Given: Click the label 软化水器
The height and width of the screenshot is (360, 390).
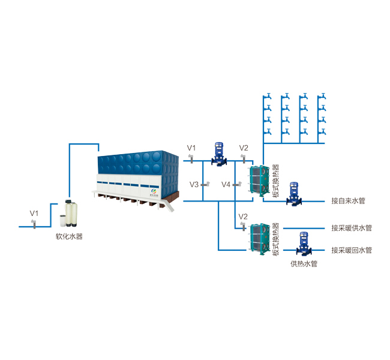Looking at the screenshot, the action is point(69,236).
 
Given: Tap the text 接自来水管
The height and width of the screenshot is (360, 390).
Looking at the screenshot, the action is point(348,201).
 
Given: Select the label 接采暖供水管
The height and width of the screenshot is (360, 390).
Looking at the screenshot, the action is point(352,228).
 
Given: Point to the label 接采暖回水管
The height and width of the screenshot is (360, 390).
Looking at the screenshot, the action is point(352,250).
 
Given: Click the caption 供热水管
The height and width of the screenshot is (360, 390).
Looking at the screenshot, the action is point(304,263).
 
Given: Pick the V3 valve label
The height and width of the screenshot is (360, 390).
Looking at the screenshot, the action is point(194,184).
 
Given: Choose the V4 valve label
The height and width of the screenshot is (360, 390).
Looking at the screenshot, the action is point(226,184).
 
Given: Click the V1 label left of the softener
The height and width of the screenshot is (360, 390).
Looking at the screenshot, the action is point(34,213).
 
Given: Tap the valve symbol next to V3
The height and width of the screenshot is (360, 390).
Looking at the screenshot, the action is point(205,184).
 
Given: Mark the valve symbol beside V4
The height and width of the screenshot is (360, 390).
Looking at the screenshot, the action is point(237,184).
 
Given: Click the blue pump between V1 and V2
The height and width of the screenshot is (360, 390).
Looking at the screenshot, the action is point(219,154).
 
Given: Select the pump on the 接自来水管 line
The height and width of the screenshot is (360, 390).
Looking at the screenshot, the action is point(294,194).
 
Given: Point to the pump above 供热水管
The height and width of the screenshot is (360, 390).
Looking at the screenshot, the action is point(304,244).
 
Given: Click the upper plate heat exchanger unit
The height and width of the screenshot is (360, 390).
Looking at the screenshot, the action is point(260,181).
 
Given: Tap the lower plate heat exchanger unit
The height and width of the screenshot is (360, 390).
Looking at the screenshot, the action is point(260,239).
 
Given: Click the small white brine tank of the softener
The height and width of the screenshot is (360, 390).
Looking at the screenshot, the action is point(63,221).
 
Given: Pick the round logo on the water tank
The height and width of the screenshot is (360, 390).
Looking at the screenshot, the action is point(154,191).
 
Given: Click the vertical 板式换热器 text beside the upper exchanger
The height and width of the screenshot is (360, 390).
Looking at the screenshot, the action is point(275,181).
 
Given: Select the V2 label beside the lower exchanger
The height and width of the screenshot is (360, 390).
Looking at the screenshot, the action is point(243,217).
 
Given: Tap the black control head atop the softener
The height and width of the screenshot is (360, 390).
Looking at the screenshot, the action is point(68,201).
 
